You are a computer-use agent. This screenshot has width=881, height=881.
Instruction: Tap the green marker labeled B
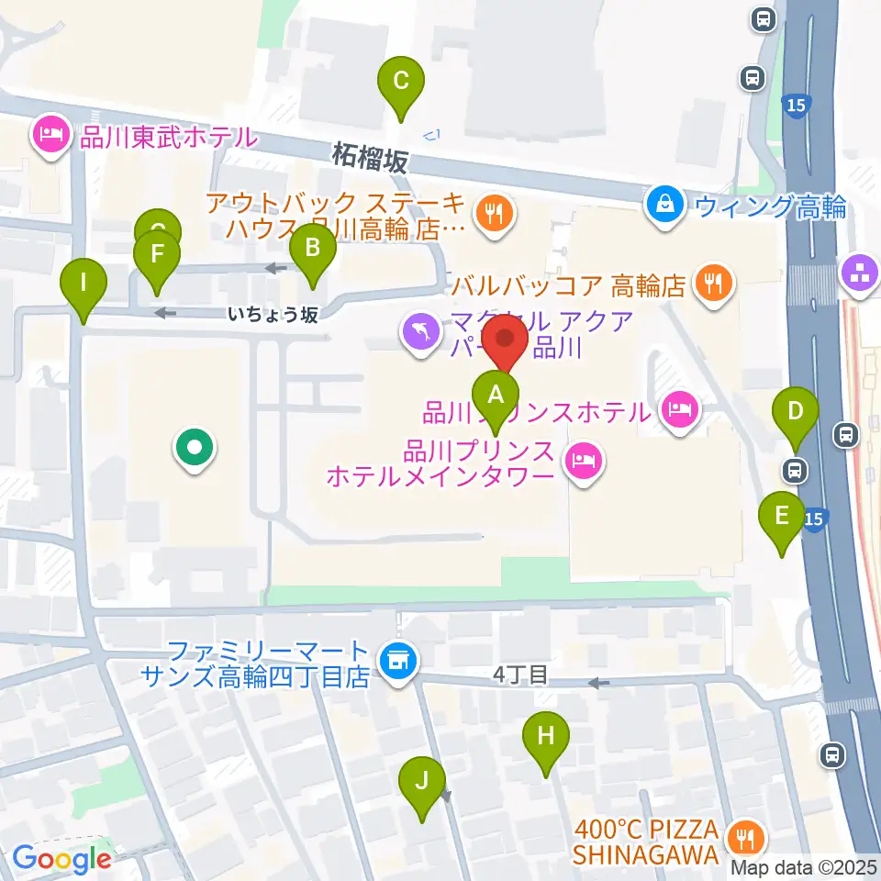(313, 248)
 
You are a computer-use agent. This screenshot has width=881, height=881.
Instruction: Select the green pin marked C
(401, 81)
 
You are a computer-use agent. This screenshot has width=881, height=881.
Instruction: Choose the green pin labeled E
(782, 516)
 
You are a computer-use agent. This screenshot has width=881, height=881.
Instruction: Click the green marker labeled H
(546, 736)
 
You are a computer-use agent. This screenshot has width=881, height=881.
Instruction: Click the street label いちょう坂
(273, 315)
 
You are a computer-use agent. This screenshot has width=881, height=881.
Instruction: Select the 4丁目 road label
(519, 676)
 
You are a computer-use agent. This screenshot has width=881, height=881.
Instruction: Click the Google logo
(61, 860)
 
